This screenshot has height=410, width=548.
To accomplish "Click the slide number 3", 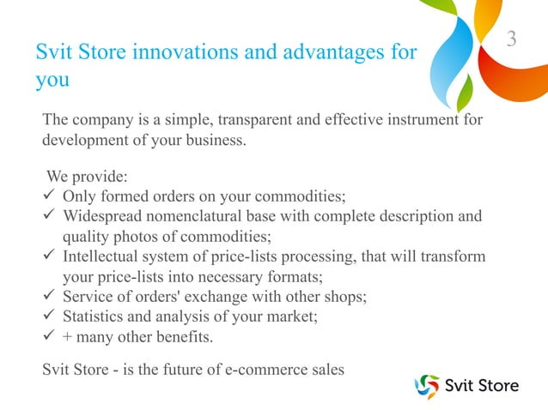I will [x=512, y=39].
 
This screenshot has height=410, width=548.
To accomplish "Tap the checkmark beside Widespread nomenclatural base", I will [x=50, y=216].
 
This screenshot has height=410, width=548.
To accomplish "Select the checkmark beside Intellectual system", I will [x=50, y=257].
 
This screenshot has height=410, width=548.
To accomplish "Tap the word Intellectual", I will [x=103, y=257].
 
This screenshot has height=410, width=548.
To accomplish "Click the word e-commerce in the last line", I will [x=262, y=371].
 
